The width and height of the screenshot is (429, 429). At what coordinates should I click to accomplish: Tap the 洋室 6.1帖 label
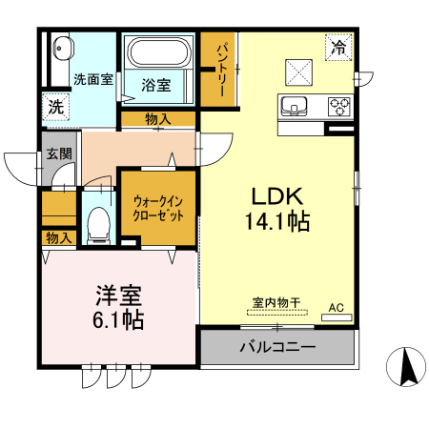click(118, 308)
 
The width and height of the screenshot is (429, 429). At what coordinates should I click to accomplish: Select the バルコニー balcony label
click(277, 347)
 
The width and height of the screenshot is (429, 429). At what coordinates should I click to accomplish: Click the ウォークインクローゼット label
click(158, 208)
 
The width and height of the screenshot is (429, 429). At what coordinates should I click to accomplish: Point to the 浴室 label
click(156, 85)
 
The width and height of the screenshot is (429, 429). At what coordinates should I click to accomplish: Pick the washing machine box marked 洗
click(56, 108)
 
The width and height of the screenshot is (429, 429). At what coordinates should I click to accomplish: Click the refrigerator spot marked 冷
click(337, 45)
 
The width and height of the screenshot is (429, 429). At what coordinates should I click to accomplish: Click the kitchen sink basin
click(293, 105)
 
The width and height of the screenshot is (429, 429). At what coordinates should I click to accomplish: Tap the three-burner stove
click(338, 105)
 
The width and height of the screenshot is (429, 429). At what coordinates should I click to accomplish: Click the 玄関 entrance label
click(58, 153)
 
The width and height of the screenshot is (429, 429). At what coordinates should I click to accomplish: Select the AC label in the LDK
click(336, 307)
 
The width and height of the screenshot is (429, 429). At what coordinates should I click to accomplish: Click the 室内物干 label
click(276, 303)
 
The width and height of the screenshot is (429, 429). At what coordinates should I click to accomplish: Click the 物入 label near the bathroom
click(158, 119)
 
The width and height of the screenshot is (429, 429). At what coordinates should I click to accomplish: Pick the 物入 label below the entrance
click(58, 237)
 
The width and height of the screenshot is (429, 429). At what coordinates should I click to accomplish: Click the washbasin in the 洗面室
click(62, 48)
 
